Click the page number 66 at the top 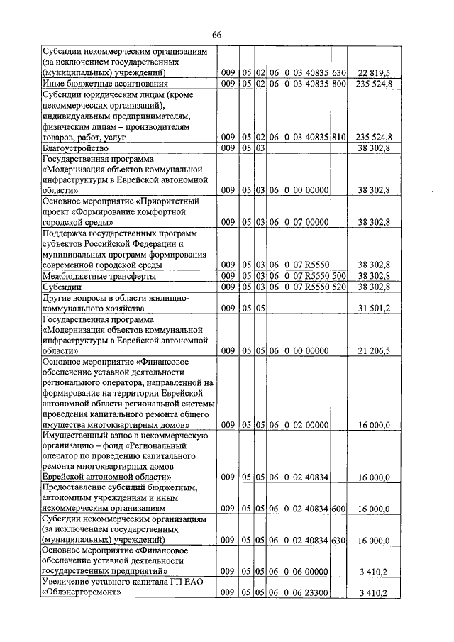coord(217,36)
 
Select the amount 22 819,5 coord(374,73)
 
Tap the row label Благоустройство coord(74,149)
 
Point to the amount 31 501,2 coord(374,309)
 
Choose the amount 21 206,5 coord(374,350)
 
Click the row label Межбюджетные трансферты coord(99,276)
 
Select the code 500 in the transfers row coord(338,276)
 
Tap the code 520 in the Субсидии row coord(338,287)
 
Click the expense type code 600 coord(338,509)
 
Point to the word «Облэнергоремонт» coord(82,593)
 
